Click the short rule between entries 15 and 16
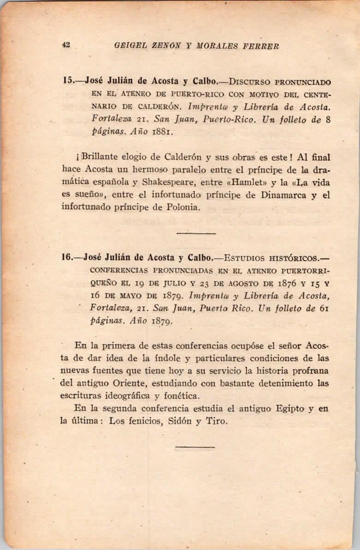tap(196, 233)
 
